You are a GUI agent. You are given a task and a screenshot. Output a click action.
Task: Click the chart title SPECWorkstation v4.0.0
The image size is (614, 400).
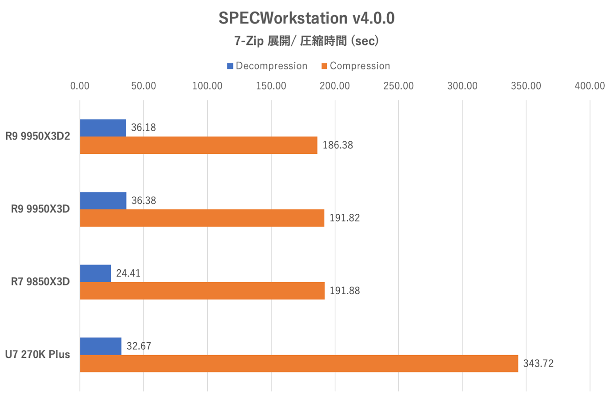click(306, 18)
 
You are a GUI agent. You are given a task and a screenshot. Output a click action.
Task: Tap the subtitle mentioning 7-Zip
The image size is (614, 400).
click(306, 41)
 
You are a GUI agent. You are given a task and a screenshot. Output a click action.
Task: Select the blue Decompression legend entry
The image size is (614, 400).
click(267, 66)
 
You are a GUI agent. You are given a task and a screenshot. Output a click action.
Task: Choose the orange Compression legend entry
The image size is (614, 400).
click(356, 66)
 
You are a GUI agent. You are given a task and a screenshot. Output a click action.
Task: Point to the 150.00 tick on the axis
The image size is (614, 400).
click(271, 86)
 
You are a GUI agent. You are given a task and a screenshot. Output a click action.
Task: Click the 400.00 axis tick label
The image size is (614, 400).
click(590, 86)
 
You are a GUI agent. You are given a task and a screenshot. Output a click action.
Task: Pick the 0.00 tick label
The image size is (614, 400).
click(80, 86)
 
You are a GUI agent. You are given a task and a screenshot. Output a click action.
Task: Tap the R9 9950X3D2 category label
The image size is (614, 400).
click(38, 136)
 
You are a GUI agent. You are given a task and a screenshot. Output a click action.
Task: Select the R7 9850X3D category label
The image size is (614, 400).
click(40, 282)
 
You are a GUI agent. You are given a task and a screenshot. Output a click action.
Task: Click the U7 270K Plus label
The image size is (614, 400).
click(38, 355)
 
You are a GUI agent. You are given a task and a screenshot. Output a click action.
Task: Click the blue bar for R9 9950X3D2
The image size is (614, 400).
click(103, 128)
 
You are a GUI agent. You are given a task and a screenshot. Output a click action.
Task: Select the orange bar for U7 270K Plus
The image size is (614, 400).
click(299, 364)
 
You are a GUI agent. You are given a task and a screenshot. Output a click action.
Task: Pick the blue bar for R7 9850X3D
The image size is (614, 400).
click(96, 273)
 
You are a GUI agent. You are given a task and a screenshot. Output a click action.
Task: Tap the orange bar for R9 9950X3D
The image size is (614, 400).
click(202, 218)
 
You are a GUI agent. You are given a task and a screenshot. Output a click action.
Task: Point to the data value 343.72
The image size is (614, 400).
click(538, 364)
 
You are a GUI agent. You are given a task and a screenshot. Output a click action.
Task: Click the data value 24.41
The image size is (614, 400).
click(128, 273)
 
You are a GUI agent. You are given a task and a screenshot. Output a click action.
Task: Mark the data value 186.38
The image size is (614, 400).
click(337, 145)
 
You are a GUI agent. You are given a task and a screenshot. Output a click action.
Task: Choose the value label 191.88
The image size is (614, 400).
click(345, 291)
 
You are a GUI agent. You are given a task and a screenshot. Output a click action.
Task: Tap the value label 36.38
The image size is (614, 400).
click(144, 201)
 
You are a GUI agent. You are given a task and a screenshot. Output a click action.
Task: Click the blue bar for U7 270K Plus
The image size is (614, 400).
click(100, 346)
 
